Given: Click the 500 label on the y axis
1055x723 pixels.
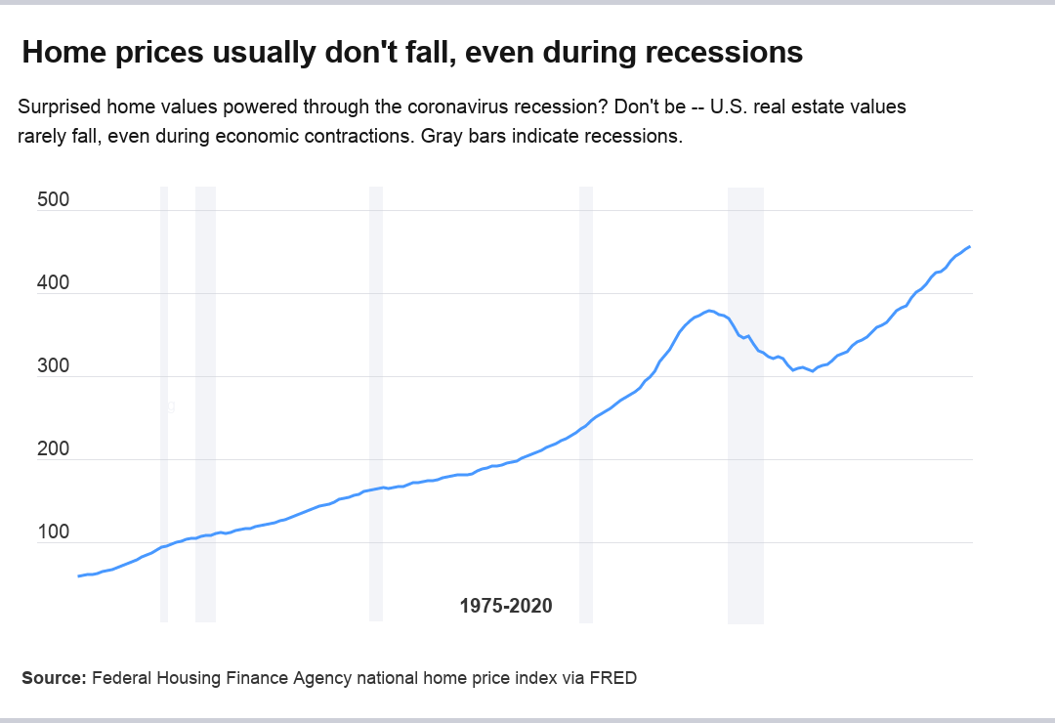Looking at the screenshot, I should click(x=53, y=200).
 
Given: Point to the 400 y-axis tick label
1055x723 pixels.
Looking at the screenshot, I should click(x=53, y=283).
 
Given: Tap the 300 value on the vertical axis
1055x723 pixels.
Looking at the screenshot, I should click(x=53, y=366).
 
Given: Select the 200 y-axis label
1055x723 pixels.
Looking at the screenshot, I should click(x=53, y=449).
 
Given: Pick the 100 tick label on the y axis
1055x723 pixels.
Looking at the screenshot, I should click(x=53, y=532).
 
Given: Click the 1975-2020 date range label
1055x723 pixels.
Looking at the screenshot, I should click(x=506, y=606).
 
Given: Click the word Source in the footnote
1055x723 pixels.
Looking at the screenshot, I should click(x=53, y=677).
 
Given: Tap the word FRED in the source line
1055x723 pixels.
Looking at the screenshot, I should click(x=612, y=677).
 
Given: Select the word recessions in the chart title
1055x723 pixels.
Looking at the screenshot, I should click(x=724, y=53).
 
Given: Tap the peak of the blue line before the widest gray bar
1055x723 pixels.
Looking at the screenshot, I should click(x=710, y=311).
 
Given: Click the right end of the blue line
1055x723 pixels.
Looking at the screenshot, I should click(x=969, y=247).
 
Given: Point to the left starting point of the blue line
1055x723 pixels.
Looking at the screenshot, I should click(x=78, y=575).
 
